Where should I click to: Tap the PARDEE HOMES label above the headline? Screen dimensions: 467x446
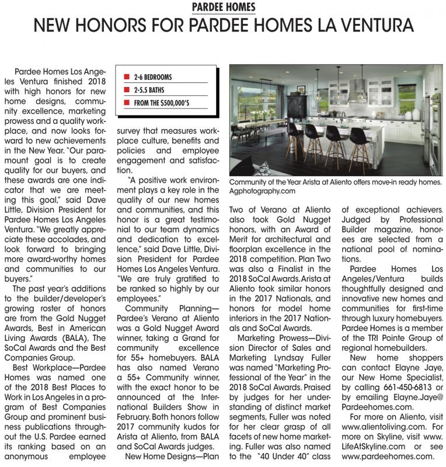223,7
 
